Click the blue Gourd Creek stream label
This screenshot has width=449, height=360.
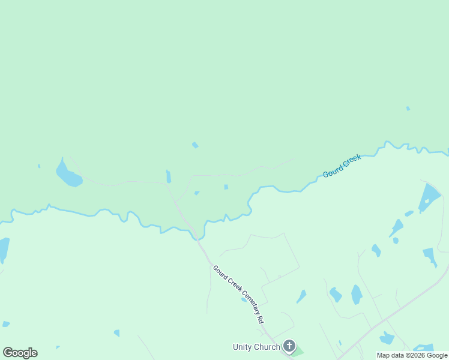click(x=342, y=166)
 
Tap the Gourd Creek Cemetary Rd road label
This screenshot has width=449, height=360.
click(x=238, y=294)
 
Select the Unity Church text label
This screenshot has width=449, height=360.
click(x=256, y=347)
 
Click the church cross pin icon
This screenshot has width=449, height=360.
click(x=289, y=346)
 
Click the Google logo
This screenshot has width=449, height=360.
click(x=20, y=353)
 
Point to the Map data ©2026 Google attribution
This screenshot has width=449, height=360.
click(x=412, y=355)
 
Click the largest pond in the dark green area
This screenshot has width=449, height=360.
click(x=68, y=175)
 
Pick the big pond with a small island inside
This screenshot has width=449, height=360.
click(x=429, y=198)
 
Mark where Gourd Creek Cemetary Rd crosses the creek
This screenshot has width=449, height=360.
click(x=196, y=236)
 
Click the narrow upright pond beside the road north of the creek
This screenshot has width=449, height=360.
click(x=169, y=176)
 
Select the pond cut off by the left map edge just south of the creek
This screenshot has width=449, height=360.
click(x=3, y=249)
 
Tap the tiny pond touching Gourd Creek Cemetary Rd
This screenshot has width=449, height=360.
click(x=244, y=299)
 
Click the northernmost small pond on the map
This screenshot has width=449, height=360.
click(x=408, y=109)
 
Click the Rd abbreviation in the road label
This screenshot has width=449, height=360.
click(x=261, y=320)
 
